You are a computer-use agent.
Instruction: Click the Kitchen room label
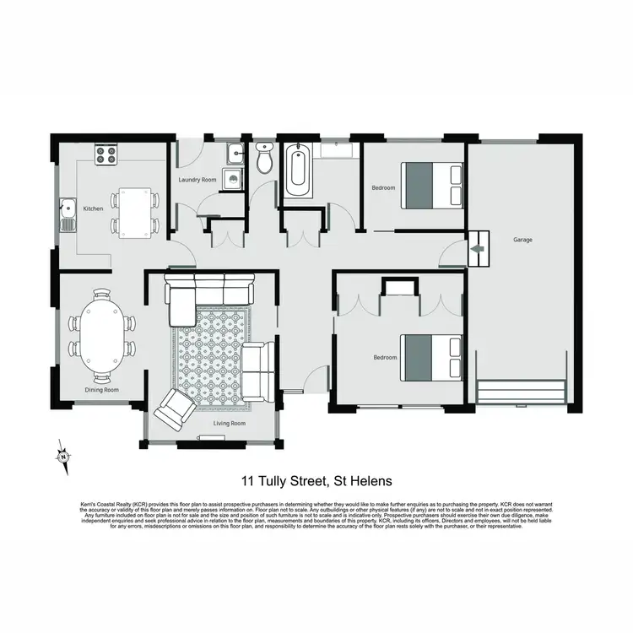pos(93,208)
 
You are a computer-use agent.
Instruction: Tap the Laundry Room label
pos(197,180)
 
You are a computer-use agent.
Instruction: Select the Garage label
pos(522,240)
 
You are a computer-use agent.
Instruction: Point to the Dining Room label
pos(101,390)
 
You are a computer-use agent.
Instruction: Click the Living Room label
pos(228,423)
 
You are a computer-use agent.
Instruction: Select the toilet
pos(265,160)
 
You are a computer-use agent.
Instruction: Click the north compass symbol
pos(63,456)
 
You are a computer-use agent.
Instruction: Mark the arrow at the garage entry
pos(478,247)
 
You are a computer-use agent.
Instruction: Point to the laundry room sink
pos(235,154)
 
